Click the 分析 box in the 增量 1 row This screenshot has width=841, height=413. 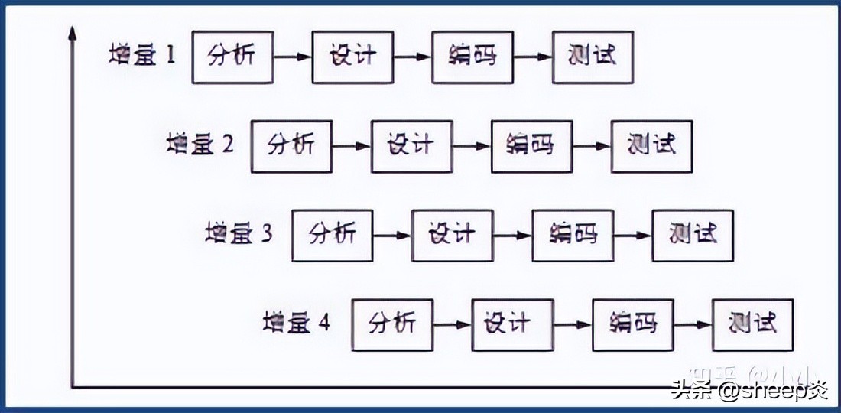pos(232,57)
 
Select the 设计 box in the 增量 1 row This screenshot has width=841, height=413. pos(352,57)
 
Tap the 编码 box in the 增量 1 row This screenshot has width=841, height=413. pos(472,57)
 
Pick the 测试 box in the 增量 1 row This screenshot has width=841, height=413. pos(593,57)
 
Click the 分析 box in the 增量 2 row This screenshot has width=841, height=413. pos(291,146)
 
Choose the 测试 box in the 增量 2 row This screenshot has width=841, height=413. pos(651,146)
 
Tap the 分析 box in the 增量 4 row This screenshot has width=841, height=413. pos(392,325)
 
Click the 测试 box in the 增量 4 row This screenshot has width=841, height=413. pos(752,325)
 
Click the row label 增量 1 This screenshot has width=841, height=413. pos(143,56)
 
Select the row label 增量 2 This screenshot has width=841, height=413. pos(200,145)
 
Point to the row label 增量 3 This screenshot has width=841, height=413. pos(239,233)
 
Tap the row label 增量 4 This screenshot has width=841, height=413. pos(297,323)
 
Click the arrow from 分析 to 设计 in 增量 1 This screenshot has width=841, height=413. pos(293,57)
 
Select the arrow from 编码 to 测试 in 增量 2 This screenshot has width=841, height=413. pos(592,146)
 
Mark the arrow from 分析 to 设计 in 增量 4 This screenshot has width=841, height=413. pos(452,325)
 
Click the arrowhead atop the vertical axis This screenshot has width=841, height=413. pos(73,32)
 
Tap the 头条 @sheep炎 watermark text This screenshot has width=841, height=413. pos(749,392)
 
